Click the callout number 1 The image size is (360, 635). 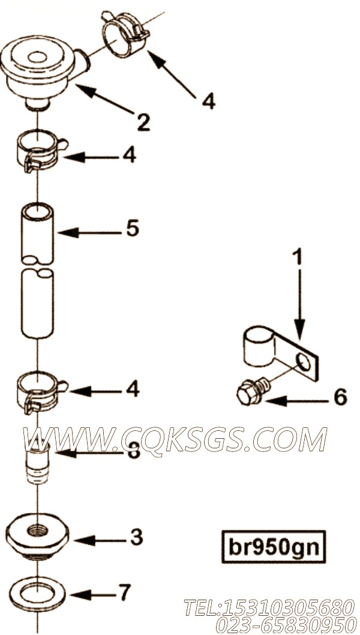[x=298, y=257]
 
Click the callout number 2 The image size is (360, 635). [x=143, y=122]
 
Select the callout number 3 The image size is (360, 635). [x=136, y=537]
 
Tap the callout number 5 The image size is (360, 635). [x=133, y=229]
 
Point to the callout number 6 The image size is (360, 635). [x=340, y=397]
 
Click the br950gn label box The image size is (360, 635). [x=274, y=547]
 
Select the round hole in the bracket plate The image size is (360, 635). [x=303, y=362]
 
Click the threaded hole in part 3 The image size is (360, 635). [x=37, y=529]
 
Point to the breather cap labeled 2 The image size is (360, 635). [x=44, y=73]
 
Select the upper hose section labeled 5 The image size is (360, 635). [x=37, y=233]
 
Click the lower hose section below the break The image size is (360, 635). [x=37, y=303]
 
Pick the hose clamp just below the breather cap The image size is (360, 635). [x=41, y=151]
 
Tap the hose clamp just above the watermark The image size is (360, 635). [x=41, y=392]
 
